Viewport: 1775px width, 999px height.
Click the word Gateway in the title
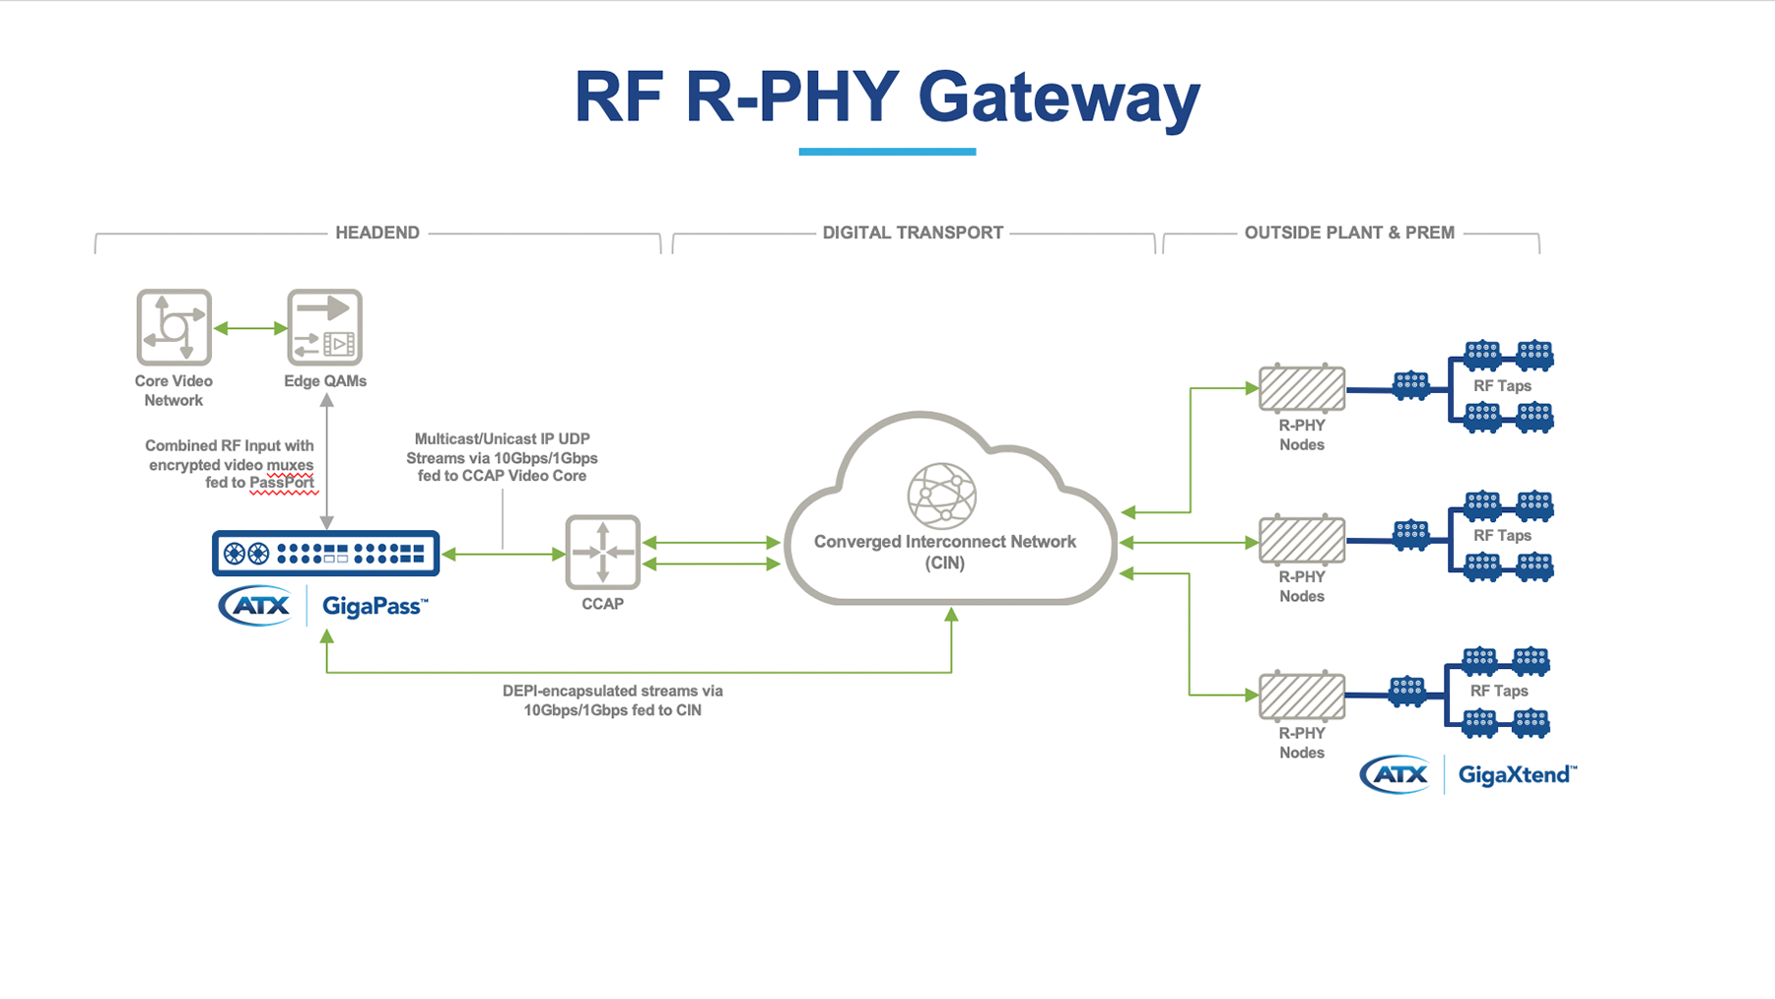(x=1058, y=99)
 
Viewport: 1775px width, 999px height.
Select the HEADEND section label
(x=376, y=233)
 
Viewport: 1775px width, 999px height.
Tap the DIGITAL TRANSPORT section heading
(x=912, y=233)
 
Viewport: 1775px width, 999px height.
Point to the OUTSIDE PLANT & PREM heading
(x=1348, y=233)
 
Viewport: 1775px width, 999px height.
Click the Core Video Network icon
(x=173, y=327)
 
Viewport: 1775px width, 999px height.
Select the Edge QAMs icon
(x=324, y=327)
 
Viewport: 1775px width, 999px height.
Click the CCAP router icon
(x=602, y=552)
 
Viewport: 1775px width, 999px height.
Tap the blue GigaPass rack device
(x=325, y=553)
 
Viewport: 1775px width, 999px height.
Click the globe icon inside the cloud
(x=941, y=496)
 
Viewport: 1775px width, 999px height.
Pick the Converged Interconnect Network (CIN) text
(x=944, y=551)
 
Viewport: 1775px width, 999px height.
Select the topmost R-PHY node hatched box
(x=1301, y=388)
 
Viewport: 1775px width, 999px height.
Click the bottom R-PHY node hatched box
(x=1301, y=696)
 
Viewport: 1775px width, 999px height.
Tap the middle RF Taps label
(x=1501, y=536)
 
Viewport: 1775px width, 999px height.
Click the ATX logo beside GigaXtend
(x=1395, y=774)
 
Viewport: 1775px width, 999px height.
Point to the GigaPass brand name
(x=375, y=606)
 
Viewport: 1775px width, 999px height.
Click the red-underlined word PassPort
(x=282, y=483)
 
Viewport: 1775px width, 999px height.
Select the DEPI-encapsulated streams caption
(x=612, y=700)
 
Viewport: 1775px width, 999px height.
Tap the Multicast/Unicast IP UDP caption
(x=502, y=457)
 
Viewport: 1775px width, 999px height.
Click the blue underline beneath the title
(x=886, y=152)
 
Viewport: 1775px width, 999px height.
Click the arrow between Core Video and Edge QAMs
(x=249, y=328)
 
